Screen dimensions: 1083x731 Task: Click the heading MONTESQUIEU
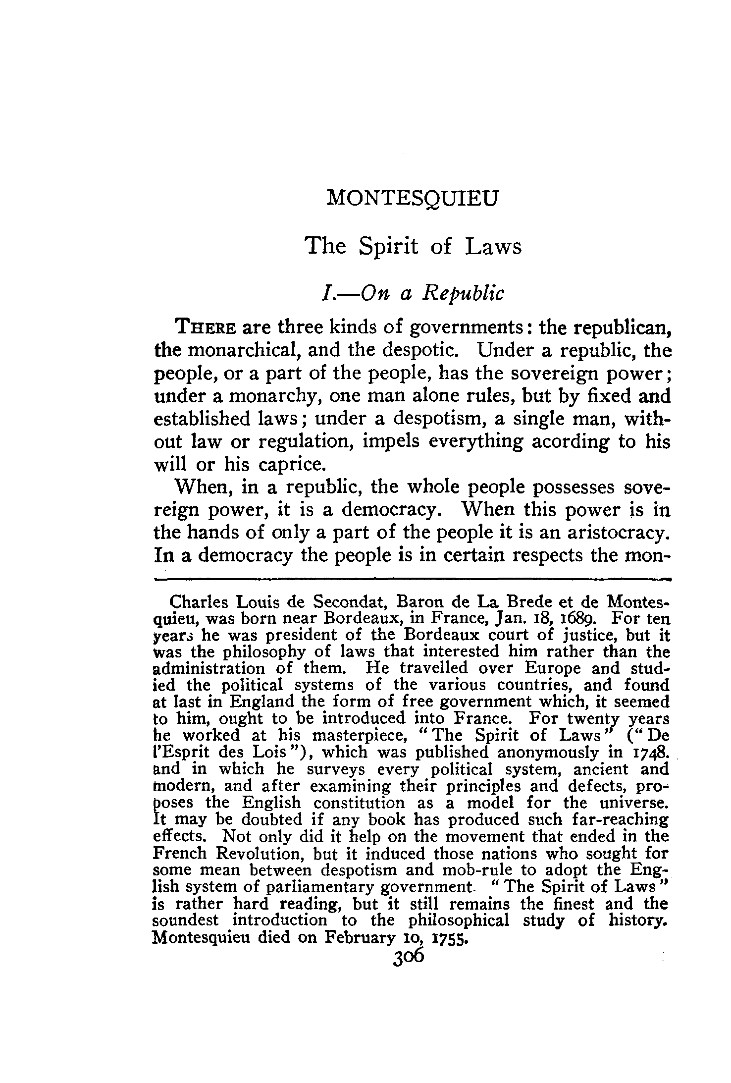pos(412,199)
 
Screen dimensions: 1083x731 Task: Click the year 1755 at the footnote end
pos(450,938)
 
